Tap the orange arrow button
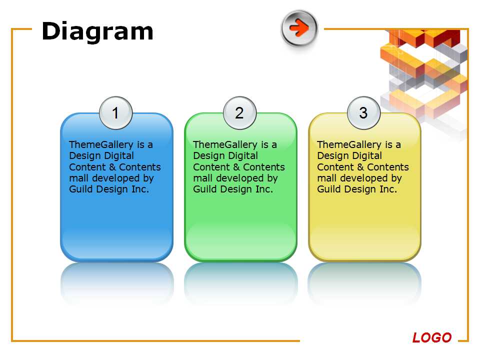coord(299,28)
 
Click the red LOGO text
coord(432,337)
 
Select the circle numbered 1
coord(115,113)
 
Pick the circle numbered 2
coord(239,113)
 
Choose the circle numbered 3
coord(363,113)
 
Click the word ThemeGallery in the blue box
coord(101,145)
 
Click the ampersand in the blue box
coord(112,167)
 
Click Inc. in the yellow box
coord(388,189)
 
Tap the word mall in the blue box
coord(78,178)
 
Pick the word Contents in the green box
coord(264,167)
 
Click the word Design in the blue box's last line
coord(111,189)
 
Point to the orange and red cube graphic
coord(424,73)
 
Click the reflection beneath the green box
coord(240,283)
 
